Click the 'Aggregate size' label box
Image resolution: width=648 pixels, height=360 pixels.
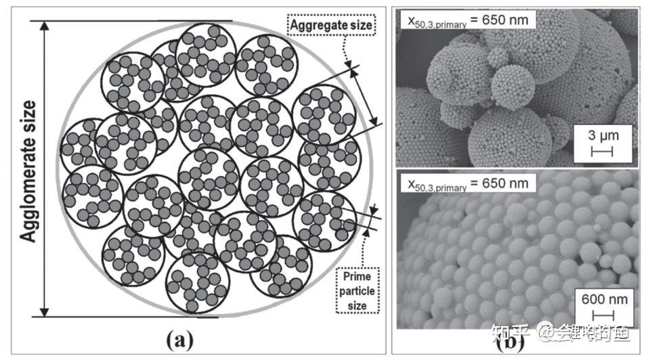coord(332,26)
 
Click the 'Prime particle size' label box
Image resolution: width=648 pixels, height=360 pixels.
coord(358,291)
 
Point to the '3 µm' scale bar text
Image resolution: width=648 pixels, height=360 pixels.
coord(601,136)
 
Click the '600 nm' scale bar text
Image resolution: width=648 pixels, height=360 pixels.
coord(603,300)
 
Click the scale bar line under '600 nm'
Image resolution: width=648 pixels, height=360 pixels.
coord(603,315)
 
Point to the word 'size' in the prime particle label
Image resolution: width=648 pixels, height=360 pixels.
coord(358,306)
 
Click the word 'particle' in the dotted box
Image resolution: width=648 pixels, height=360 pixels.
coord(358,291)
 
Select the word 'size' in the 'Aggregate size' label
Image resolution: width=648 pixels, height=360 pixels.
coord(361,26)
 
